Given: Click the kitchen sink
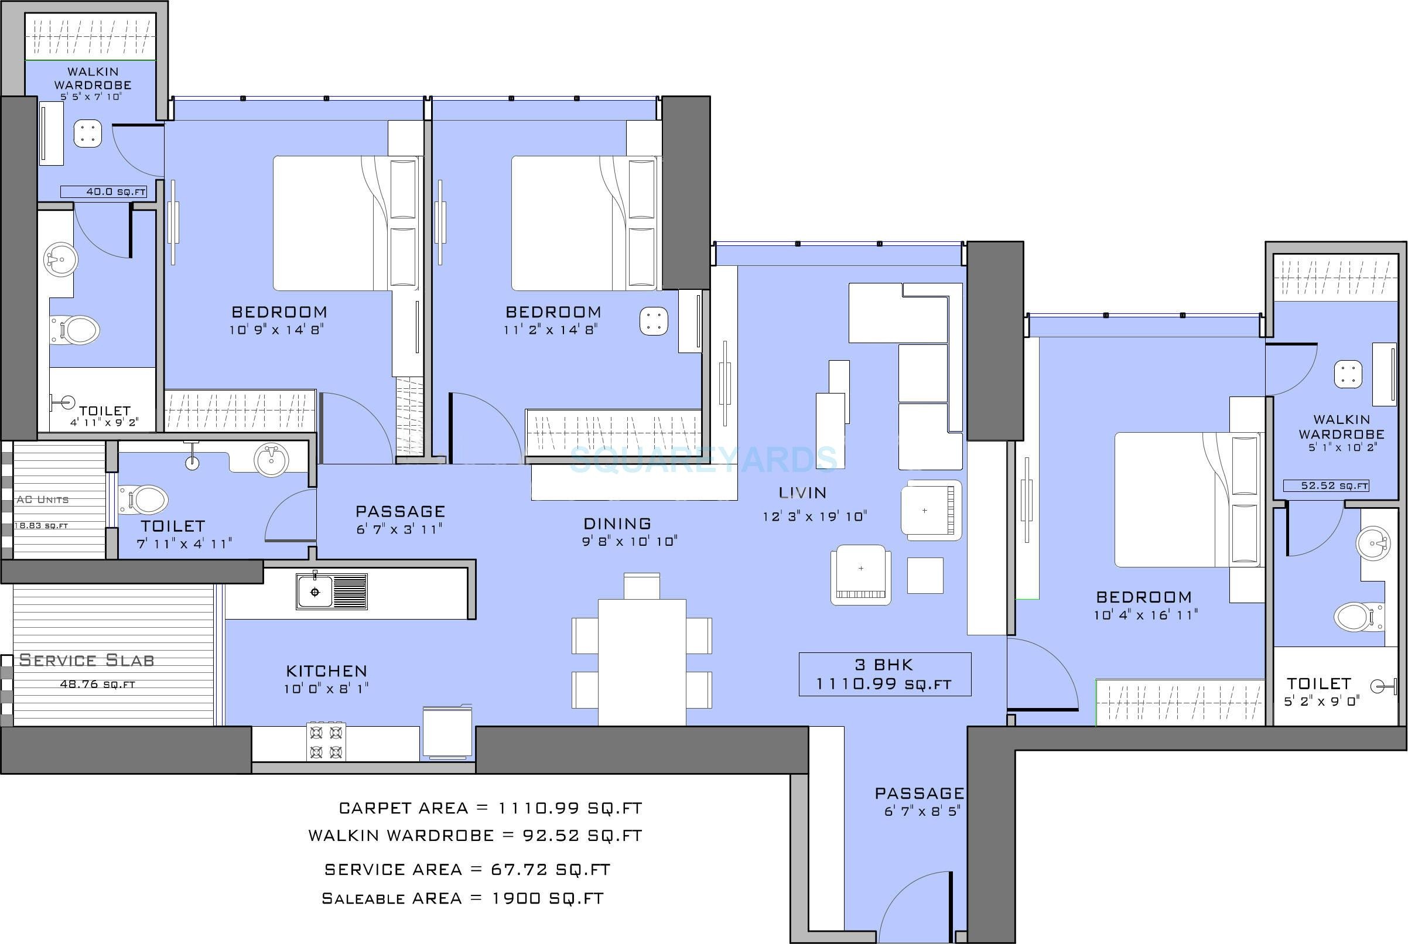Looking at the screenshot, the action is [331, 591].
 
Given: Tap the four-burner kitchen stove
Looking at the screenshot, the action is [326, 743].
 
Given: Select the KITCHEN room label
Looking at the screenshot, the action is [326, 671].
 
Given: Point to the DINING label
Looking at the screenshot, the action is [617, 524].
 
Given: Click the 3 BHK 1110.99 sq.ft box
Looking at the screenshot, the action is [884, 674].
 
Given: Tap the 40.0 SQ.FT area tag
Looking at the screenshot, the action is [104, 192].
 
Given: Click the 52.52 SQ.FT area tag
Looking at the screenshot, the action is [1326, 485].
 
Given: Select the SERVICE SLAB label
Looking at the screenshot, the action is [87, 661].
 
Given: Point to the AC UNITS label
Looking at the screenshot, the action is [42, 500].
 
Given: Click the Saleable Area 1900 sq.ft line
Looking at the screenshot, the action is [462, 899].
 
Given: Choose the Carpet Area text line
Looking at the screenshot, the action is [491, 808].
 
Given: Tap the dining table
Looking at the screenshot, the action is [642, 662].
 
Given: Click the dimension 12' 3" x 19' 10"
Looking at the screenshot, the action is [815, 517].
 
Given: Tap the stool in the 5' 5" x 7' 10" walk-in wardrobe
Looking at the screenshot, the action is [88, 134].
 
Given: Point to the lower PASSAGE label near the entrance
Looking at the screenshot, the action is [919, 793].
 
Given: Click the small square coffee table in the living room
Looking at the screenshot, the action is [925, 575].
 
